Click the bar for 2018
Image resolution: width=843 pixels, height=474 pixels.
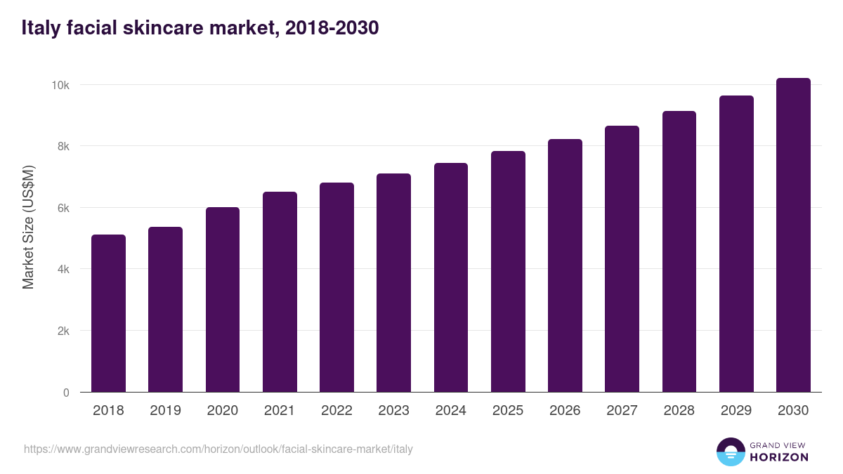108,313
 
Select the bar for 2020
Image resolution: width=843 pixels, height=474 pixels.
223,300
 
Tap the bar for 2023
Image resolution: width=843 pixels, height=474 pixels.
393,283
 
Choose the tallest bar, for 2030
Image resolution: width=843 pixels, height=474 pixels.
793,235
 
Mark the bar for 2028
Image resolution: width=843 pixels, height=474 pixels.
679,251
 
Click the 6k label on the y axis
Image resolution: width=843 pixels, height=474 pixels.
63,208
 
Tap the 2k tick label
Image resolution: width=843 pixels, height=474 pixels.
63,331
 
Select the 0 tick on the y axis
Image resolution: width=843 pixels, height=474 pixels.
66,393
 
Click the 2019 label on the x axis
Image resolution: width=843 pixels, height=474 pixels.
165,410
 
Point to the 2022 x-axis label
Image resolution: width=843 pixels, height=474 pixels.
336,410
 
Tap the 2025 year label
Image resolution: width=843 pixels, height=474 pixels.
508,410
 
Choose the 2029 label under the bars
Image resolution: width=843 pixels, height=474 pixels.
736,410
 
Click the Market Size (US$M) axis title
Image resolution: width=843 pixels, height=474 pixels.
28,228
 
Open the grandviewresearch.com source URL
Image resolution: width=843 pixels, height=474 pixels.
218,449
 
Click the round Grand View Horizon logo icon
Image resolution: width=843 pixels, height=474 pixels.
730,452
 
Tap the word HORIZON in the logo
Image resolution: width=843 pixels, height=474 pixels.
779,457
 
